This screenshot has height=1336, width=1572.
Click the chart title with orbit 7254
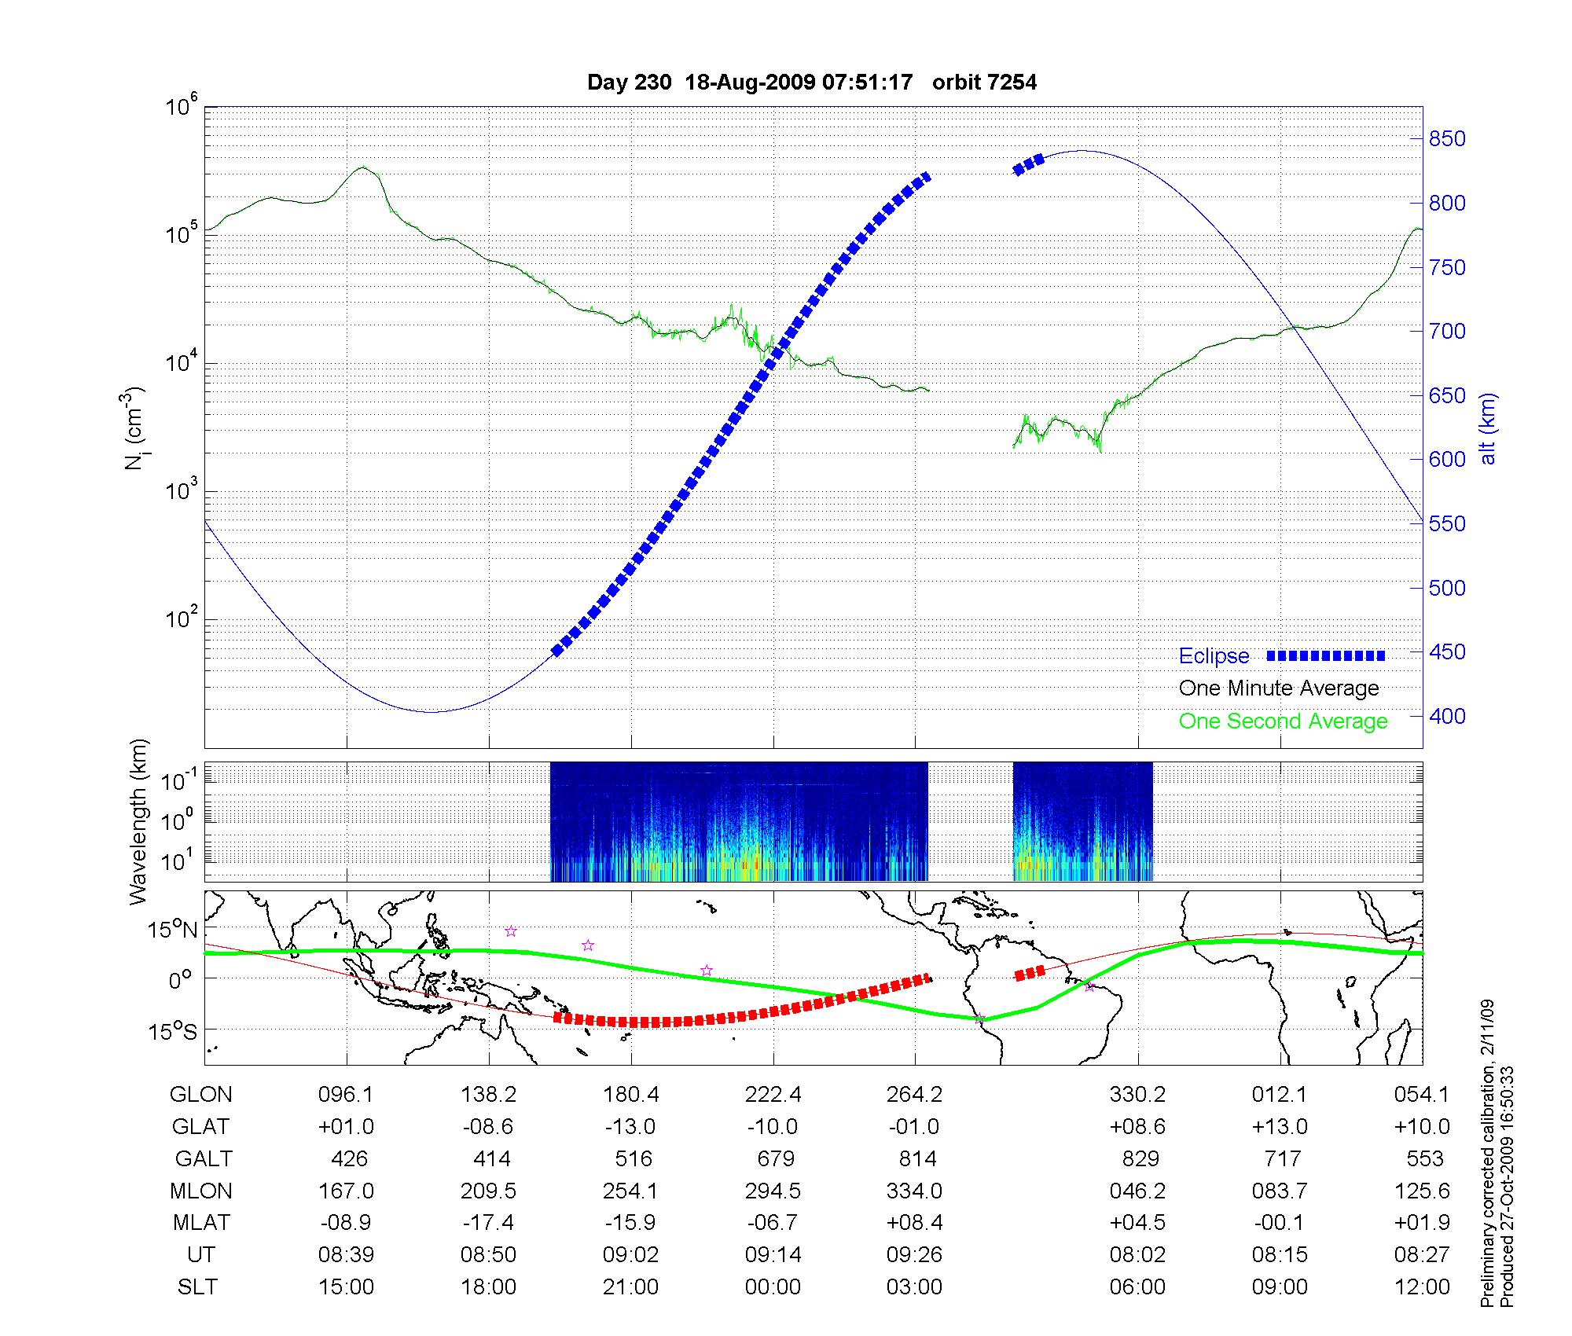[x=812, y=83]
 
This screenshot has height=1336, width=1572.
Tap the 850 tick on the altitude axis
[x=1447, y=139]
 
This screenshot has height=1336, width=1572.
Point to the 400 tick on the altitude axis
[x=1447, y=716]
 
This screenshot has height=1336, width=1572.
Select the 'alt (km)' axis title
[x=1488, y=428]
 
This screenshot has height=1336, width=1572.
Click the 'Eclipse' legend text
[x=1214, y=656]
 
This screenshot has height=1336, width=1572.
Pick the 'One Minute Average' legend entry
[x=1279, y=688]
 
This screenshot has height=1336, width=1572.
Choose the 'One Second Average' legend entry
[x=1283, y=721]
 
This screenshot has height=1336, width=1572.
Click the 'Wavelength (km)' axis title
[x=139, y=822]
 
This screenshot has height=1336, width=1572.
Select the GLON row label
[x=201, y=1095]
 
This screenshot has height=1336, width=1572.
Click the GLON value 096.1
[x=346, y=1095]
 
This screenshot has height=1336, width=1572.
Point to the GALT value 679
[x=774, y=1159]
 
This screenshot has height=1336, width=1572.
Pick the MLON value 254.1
[x=630, y=1191]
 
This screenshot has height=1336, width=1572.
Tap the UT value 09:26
[x=914, y=1255]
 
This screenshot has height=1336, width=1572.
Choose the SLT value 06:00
[x=1137, y=1287]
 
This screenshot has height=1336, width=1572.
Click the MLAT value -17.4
[x=488, y=1223]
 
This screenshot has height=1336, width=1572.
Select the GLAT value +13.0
[x=1280, y=1127]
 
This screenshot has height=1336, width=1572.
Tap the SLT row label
[x=197, y=1287]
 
